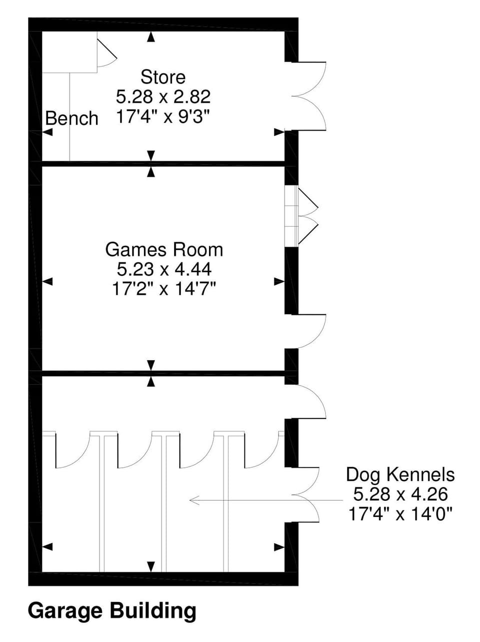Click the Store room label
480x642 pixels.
point(162,77)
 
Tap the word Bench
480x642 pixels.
point(71,119)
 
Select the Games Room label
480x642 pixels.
point(164,249)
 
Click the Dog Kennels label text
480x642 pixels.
point(400,474)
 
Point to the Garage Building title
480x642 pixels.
point(112,611)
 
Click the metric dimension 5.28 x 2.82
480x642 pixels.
point(163,96)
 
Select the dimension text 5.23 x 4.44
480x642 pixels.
point(164,269)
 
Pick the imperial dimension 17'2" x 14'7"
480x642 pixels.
point(164,289)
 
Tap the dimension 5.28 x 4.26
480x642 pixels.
point(400,494)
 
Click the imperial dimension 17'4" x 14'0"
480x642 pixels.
point(400,514)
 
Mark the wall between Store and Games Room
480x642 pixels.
point(163,163)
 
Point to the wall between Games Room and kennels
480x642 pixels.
point(163,373)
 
